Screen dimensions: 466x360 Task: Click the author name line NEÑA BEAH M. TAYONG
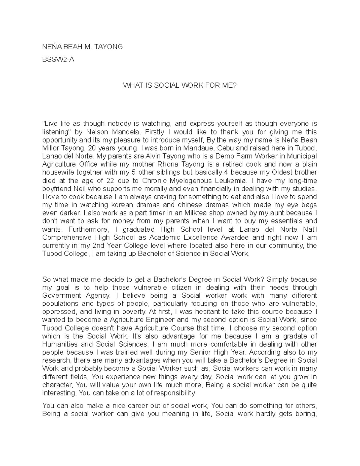click(82, 47)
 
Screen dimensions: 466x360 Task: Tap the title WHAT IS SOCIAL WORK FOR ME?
click(180, 86)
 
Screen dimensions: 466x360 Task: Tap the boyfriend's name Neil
click(82, 189)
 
